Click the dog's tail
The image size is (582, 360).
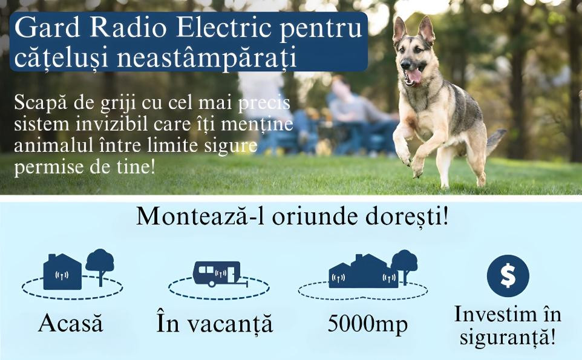coord(495,140)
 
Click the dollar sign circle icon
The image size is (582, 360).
coord(508,276)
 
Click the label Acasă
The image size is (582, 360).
coord(71,322)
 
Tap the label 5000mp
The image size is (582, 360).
coord(367,324)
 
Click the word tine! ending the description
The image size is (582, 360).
coord(134,166)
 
